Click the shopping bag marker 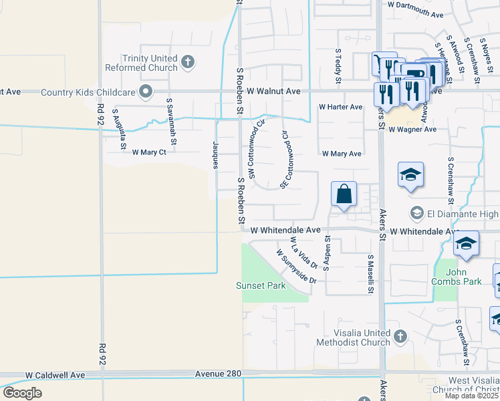(344, 194)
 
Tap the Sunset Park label (261, 286)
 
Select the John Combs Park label (463, 277)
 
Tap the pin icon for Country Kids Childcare (144, 92)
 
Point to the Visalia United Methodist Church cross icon (400, 336)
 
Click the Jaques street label (215, 155)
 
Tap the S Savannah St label (172, 122)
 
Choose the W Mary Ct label (148, 152)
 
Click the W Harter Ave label (340, 107)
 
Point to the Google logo (23, 393)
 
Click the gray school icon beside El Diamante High (416, 213)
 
